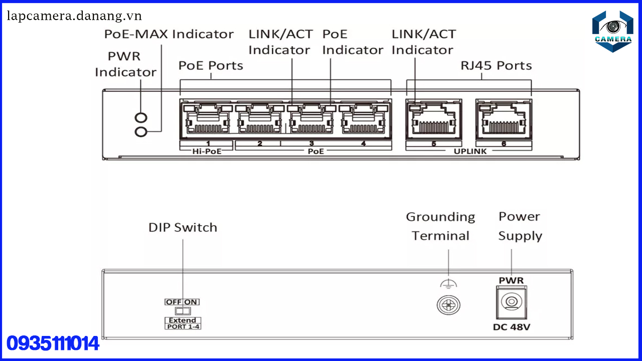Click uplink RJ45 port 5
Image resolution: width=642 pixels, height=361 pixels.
click(433, 121)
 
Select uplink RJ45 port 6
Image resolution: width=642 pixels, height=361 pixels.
click(504, 121)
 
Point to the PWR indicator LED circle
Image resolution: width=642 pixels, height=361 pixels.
click(141, 118)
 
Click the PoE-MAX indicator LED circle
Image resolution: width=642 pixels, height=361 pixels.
click(141, 131)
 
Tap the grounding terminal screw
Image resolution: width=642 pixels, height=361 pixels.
click(448, 304)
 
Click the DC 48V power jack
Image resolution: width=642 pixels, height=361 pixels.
click(512, 302)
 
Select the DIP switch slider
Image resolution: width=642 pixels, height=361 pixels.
click(183, 311)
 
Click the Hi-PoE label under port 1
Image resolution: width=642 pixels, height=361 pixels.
click(208, 150)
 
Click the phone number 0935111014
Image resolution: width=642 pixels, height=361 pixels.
click(53, 344)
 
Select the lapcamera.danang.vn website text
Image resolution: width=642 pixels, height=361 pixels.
click(74, 16)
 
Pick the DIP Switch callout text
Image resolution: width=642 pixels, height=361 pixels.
click(183, 227)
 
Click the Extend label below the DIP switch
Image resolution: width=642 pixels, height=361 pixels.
click(183, 320)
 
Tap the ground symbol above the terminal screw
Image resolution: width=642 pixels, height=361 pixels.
click(448, 284)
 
